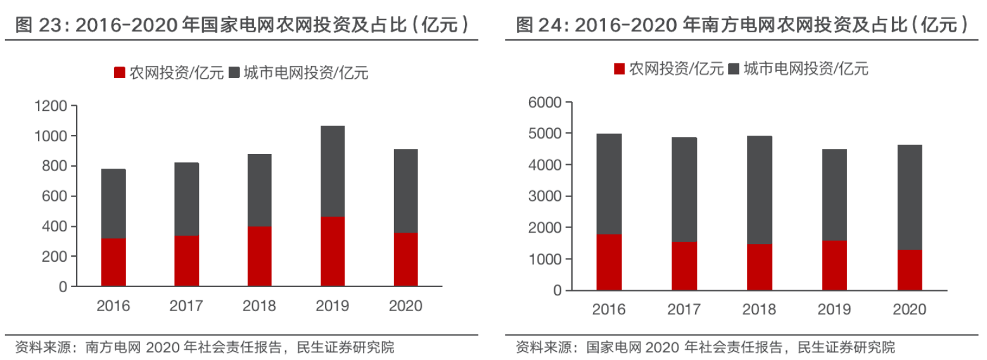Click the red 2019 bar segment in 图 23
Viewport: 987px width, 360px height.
(x=333, y=252)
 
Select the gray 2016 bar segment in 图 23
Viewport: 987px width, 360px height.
(x=113, y=203)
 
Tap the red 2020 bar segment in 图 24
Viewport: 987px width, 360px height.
(x=910, y=270)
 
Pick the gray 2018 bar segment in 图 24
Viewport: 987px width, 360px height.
(x=760, y=190)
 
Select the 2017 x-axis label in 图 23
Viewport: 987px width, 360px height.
(x=186, y=306)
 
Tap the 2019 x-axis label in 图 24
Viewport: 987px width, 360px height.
(x=834, y=309)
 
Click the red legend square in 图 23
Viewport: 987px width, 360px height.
(x=119, y=73)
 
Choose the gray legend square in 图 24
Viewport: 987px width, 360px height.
(x=734, y=68)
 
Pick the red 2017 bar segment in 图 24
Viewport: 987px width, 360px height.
(x=684, y=266)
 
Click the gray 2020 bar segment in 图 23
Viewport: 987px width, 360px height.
(x=405, y=191)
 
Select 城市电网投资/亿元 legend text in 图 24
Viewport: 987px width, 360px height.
(x=806, y=68)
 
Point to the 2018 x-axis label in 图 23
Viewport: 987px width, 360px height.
(x=259, y=306)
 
